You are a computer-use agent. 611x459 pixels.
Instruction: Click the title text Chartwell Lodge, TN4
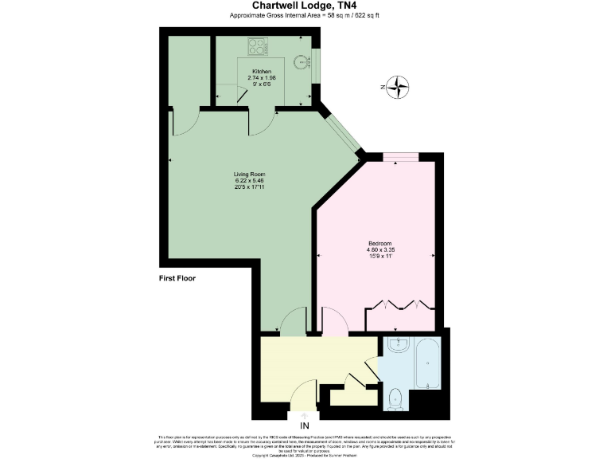(x=305, y=6)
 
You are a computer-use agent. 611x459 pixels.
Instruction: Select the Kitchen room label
(x=263, y=72)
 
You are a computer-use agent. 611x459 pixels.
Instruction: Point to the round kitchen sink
(x=299, y=59)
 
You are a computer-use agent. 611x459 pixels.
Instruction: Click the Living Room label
(x=248, y=174)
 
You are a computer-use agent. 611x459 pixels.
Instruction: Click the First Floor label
(x=177, y=279)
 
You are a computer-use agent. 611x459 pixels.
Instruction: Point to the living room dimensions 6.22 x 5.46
(x=248, y=181)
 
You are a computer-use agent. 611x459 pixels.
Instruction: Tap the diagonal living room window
(x=341, y=131)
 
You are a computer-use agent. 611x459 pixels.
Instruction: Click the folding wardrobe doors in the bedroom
(x=399, y=304)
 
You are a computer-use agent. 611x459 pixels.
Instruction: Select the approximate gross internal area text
(x=305, y=15)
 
